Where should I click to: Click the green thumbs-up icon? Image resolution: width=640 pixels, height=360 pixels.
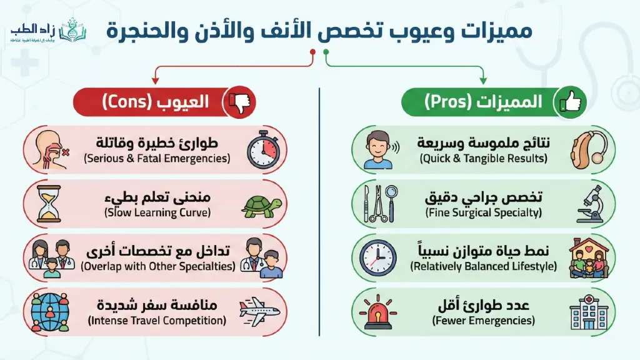[571, 102]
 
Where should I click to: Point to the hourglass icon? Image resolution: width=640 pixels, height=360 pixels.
[47, 204]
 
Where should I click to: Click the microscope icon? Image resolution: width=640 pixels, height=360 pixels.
[588, 204]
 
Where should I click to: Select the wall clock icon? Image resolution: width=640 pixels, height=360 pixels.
[377, 257]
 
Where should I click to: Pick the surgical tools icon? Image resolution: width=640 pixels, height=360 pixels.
[377, 204]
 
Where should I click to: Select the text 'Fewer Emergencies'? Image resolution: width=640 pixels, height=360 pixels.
[483, 321]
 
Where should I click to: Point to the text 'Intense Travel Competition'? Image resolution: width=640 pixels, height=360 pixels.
[156, 321]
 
